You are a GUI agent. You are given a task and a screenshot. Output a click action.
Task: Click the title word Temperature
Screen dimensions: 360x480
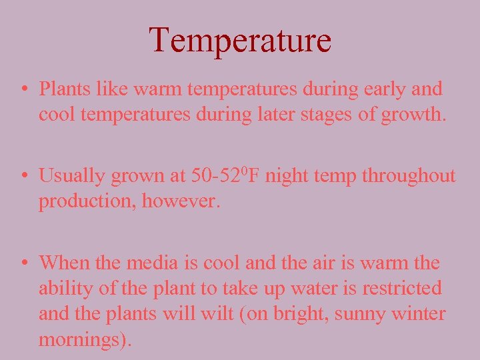tap(240, 40)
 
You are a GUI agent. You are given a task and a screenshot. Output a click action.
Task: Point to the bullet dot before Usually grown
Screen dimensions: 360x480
tap(23, 177)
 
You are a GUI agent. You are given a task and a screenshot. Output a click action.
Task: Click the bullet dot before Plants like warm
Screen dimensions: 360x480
tap(23, 89)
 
